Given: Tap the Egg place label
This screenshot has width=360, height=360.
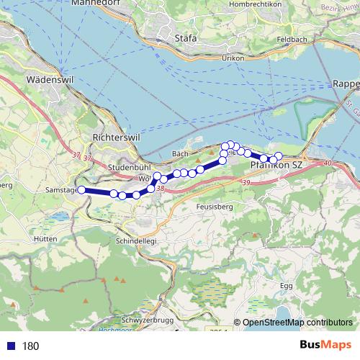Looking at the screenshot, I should point(287,286).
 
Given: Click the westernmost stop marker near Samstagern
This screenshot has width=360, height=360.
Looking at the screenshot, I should point(81,189).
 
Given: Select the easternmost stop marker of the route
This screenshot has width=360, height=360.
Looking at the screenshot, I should point(279,156).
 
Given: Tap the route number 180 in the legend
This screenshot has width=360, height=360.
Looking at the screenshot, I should point(30,346).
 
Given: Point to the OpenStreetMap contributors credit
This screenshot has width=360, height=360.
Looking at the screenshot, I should point(297,323).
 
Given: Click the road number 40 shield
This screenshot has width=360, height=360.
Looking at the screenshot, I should point(328,164).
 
